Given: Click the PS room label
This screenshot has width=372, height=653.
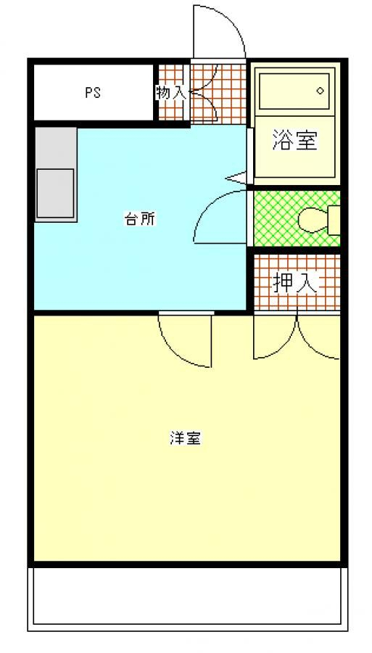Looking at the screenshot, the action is tap(93, 92).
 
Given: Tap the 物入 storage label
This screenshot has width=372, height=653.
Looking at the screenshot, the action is tap(170, 92).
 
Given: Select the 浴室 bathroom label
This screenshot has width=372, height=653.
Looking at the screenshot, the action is tap(295, 140).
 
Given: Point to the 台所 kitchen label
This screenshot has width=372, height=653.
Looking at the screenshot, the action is tap(140, 219).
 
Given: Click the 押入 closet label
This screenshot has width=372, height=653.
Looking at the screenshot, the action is tap(295, 284).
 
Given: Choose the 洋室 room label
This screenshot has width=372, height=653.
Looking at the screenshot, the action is tap(186, 438).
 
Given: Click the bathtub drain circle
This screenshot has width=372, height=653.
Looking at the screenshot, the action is tap(320, 91).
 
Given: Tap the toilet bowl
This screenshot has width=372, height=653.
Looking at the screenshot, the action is tap(313, 218).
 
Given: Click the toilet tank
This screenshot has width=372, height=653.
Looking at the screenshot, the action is tap(334, 219).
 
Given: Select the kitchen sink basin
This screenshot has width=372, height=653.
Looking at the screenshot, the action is tap(55, 193).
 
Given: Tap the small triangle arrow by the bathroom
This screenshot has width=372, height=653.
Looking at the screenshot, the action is tap(237, 178).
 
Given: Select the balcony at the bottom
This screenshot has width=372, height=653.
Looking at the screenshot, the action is tap(187, 599).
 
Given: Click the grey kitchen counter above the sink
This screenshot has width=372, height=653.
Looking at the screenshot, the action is tap(55, 148).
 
